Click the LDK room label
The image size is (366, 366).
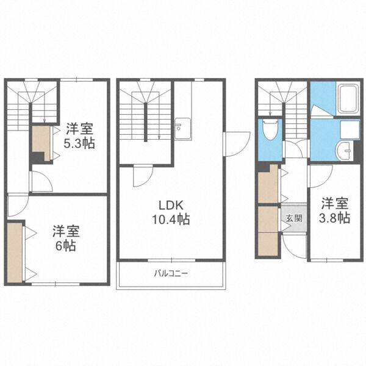point(171,206)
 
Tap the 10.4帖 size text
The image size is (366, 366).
point(171,220)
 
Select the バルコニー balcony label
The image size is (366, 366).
point(171,273)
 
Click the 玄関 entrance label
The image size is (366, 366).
point(295,218)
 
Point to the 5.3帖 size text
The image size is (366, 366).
point(79,143)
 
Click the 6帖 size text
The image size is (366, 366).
point(66,246)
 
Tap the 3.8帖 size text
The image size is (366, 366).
point(334,218)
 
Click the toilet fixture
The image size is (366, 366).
point(270,129)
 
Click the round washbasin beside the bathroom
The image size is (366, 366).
point(343,151)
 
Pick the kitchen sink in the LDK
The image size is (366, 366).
point(183,129)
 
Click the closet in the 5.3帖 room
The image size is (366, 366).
point(41,142)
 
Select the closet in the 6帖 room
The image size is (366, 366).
point(15,253)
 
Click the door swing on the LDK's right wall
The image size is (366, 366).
point(236,144)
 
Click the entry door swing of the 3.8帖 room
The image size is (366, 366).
point(320,176)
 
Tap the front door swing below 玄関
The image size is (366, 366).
point(293,246)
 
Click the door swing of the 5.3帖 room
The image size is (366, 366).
point(41,182)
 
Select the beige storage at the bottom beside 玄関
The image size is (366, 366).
point(268,244)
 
